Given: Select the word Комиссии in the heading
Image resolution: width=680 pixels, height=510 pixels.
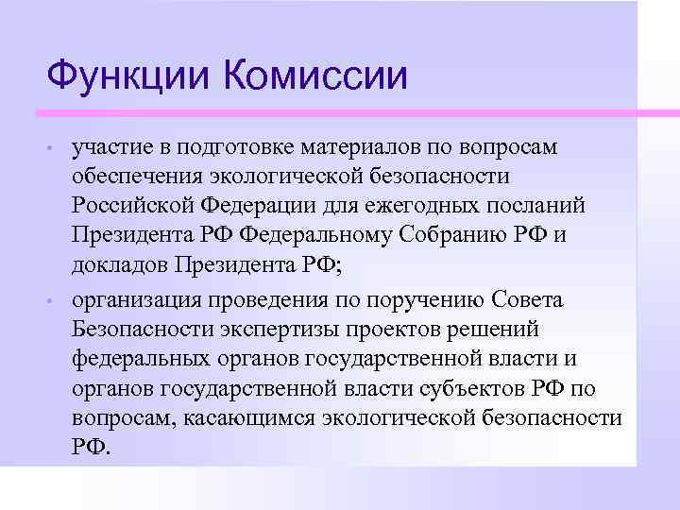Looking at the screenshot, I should [x=317, y=76].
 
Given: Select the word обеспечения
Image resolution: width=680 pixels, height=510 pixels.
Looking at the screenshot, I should [x=133, y=177].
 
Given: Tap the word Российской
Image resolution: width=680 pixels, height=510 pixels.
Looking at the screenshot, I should [x=130, y=206].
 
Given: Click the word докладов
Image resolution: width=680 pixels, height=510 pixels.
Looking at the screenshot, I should [x=117, y=264].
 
